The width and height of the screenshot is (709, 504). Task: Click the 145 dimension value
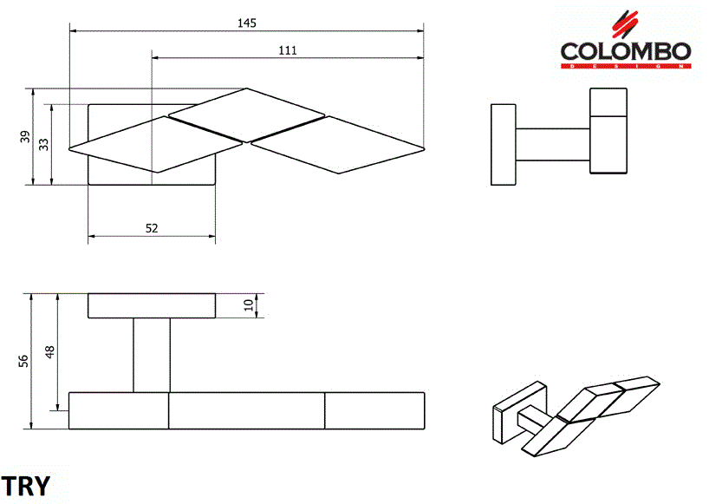pos(246,23)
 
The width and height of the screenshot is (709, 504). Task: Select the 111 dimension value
pos(288,50)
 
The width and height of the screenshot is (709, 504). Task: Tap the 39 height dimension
pos(25,136)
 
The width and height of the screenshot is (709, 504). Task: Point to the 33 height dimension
pos(43,144)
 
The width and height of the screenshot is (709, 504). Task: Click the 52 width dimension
pos(152,228)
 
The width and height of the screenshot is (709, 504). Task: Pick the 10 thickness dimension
pos(249,305)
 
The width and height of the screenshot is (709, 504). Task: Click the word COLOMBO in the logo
pos(625,51)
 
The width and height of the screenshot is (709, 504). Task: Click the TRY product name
pos(26,486)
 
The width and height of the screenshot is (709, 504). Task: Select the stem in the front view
pos(152,356)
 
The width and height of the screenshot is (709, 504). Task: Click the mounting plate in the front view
pos(152,306)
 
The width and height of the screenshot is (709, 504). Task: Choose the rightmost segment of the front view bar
pos(374,410)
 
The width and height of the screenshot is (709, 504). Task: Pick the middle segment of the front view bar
pos(246,410)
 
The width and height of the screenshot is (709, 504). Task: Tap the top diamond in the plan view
pos(246,115)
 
